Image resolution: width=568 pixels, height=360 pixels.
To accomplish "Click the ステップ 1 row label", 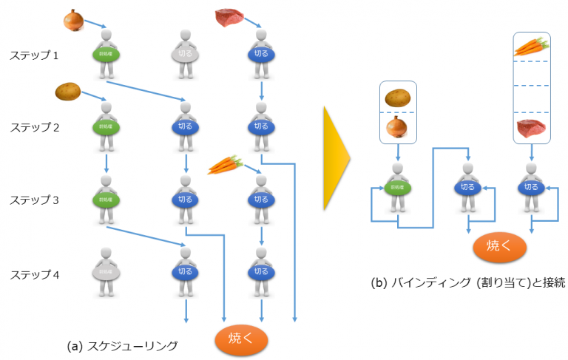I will pos(34,55).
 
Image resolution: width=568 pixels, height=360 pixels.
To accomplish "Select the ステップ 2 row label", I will pos(34,127).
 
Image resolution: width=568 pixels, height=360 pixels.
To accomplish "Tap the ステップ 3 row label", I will pos(34,200).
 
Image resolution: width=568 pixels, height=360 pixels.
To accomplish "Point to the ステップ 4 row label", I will pos(34,275).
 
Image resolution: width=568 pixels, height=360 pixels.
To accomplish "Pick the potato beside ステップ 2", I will pos(69,92).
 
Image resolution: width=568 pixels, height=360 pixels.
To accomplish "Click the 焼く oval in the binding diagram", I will pos(497,247).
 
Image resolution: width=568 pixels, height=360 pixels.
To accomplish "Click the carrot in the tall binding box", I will pos(531,47).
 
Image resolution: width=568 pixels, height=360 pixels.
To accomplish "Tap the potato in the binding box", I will pos(399,97).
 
